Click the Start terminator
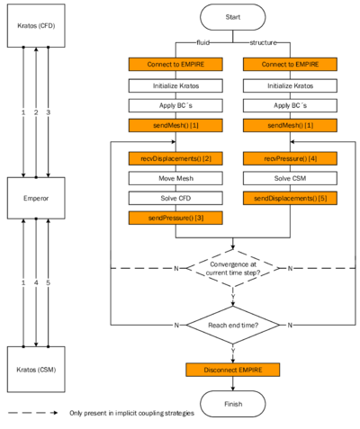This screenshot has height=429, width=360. (232, 17)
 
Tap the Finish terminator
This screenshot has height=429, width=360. (232, 404)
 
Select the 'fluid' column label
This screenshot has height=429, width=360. (202, 42)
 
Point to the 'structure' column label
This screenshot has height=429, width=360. (263, 42)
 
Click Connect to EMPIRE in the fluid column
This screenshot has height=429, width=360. (175, 65)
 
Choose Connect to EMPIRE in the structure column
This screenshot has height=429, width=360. (290, 65)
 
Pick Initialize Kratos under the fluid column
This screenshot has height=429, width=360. (175, 85)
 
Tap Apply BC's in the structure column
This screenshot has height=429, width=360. (290, 105)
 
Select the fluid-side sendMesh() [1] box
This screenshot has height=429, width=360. (175, 125)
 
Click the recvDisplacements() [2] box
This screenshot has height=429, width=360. (175, 158)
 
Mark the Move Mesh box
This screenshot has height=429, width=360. (175, 178)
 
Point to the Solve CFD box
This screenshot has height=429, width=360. (175, 198)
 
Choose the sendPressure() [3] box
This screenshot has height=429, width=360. (175, 218)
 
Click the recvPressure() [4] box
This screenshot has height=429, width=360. (290, 158)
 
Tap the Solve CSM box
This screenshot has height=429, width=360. (290, 178)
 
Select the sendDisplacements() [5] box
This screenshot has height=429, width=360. (290, 198)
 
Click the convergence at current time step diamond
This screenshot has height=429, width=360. (232, 268)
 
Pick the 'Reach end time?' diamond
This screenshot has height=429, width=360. (232, 324)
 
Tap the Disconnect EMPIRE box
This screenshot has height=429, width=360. (232, 370)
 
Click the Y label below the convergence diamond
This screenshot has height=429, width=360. (232, 295)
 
